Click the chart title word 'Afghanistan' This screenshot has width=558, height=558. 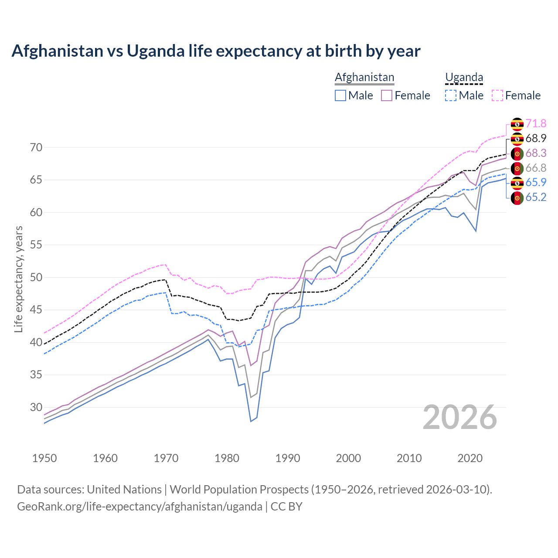click(58, 51)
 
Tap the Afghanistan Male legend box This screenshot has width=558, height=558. click(340, 95)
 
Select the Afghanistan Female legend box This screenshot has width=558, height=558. click(387, 95)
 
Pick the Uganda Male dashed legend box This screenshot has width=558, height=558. click(451, 95)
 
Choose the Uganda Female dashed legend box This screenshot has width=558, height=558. click(497, 95)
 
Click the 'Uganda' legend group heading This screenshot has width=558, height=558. click(464, 78)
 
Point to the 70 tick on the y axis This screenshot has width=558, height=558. click(36, 147)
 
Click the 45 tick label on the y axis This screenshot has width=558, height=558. click(36, 310)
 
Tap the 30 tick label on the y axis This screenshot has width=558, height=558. click(36, 407)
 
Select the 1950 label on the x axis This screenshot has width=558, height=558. click(44, 458)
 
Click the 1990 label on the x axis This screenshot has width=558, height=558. click(288, 458)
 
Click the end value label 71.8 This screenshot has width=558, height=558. click(536, 124)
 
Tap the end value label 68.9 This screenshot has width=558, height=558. click(536, 139)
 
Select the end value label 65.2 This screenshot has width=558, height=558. click(536, 197)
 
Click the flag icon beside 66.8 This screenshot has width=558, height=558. click(517, 168)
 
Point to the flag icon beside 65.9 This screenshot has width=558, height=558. click(517, 183)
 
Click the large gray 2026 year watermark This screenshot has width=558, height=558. click(460, 418)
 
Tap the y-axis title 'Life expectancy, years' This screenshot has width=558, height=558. click(18, 279)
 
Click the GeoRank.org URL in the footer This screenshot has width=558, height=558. click(139, 507)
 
